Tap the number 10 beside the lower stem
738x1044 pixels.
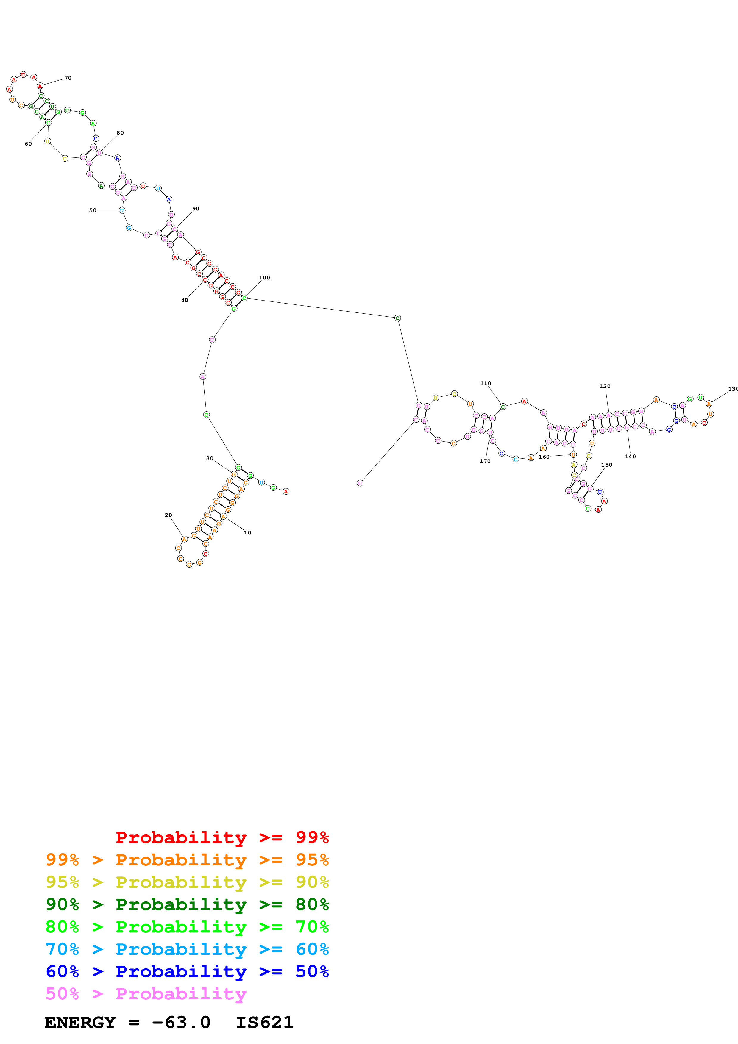click(247, 532)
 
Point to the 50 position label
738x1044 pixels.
click(93, 210)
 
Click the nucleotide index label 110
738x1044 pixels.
click(486, 383)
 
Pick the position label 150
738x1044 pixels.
click(607, 465)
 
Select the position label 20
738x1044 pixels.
click(168, 515)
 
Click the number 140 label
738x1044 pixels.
click(630, 457)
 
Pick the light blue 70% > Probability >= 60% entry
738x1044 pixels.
click(187, 949)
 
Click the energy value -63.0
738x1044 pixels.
click(181, 1022)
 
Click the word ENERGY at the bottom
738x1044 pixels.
click(80, 1022)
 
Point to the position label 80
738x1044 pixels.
click(120, 133)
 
